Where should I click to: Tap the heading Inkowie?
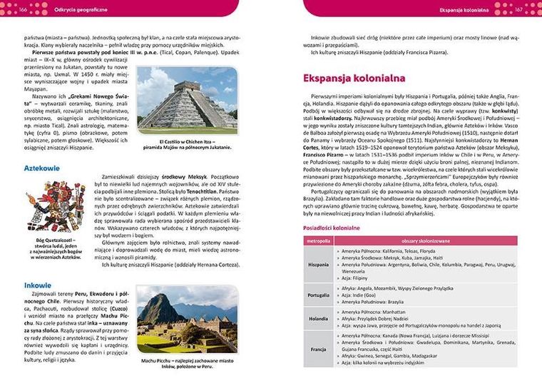click(37, 284)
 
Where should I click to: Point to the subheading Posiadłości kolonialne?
click(332, 228)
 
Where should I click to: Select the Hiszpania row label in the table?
click(318, 264)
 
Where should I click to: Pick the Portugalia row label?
click(318, 295)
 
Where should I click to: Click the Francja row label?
click(318, 349)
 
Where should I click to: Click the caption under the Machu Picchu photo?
click(188, 365)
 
